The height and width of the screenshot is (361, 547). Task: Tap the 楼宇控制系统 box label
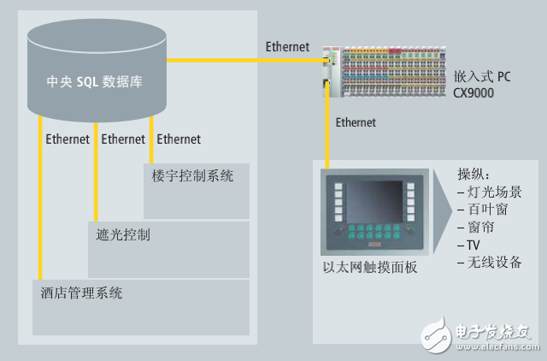click(192, 176)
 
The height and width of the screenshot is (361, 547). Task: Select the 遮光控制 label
click(120, 234)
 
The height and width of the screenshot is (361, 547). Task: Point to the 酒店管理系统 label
click(82, 293)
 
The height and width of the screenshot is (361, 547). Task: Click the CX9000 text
click(474, 92)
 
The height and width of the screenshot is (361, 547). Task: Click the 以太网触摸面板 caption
click(369, 267)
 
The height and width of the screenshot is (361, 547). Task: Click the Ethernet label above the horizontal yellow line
click(287, 47)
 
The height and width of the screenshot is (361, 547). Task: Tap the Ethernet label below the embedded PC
click(356, 122)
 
